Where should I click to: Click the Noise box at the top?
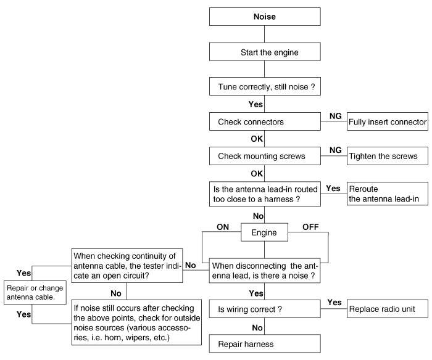coord(265,17)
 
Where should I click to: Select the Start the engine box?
coord(265,52)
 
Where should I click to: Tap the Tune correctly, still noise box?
coord(265,86)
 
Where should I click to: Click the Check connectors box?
coord(265,121)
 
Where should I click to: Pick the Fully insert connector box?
coord(388,121)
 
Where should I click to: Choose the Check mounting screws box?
coord(265,156)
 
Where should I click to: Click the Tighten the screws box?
coord(388,156)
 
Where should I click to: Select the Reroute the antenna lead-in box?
coord(388,194)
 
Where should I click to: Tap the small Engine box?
coord(265,232)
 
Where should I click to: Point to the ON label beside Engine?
coord(223,227)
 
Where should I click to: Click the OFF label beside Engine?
coord(310,227)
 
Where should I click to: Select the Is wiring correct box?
coord(265,309)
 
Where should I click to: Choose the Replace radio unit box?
coord(388,309)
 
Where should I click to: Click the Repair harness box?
coord(265,343)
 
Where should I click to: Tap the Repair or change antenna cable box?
coord(35,293)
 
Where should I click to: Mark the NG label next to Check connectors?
coord(335,116)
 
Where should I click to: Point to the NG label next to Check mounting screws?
coord(335,150)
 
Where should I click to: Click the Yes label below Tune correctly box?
coord(255,104)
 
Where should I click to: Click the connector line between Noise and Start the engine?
coord(265,35)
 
